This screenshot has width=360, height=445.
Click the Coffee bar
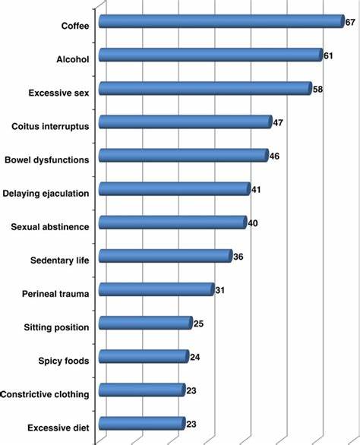pos(222,21)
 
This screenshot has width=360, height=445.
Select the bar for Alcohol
pos(211,55)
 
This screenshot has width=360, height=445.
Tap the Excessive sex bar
pos(206,88)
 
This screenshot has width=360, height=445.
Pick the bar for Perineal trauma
pos(156,289)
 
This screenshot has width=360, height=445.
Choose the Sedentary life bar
pos(166,256)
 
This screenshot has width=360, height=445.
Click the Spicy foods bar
pos(144,356)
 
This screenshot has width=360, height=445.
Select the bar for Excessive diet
pos(142,424)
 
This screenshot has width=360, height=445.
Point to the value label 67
pos(350,22)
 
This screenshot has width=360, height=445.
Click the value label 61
pos(328,55)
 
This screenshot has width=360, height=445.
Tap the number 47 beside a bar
pos(278,122)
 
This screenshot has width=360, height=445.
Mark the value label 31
pos(219,290)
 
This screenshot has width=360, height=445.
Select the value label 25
pos(198,323)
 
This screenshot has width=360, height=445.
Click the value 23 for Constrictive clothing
pos(191,390)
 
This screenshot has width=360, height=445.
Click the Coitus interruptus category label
pos(50,126)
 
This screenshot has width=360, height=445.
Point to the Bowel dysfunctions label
pos(47,159)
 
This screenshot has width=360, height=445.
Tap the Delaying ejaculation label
pos(46,194)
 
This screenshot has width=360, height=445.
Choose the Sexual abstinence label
pos(50,227)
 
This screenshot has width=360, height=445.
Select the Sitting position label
pos(56,327)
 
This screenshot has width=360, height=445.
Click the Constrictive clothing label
pos(45,394)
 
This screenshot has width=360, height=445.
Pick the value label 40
pos(253,223)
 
